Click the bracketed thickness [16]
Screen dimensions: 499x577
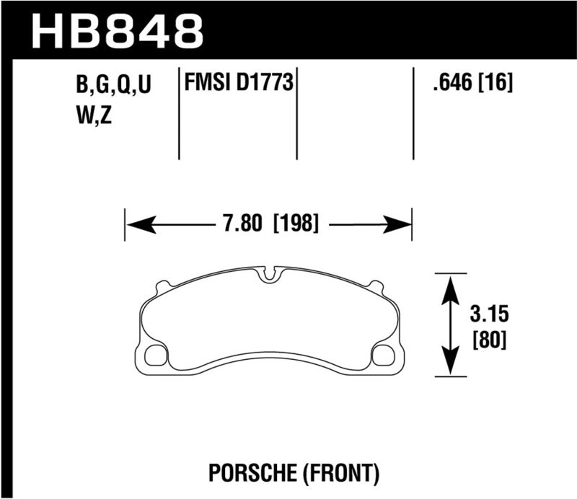click(497, 86)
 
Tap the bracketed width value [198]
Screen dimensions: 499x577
click(296, 224)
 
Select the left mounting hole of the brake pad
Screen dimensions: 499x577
click(155, 355)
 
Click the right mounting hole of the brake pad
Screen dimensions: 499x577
click(382, 355)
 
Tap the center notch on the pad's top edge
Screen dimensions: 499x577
click(270, 274)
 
